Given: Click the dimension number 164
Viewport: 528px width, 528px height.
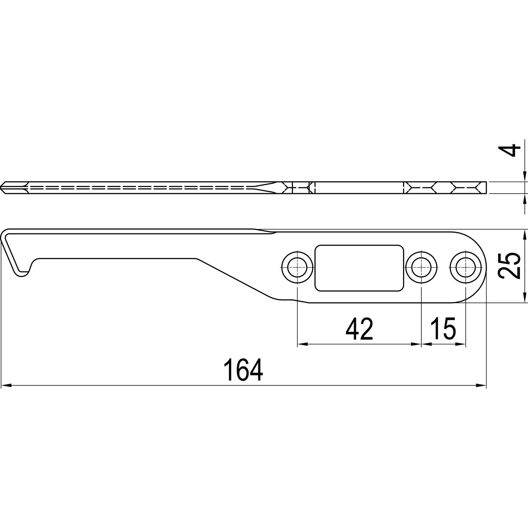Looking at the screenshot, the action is tap(243, 370).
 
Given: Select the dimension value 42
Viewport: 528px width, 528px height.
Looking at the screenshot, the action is tap(359, 329).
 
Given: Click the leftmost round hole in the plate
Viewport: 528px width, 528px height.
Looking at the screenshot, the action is tap(297, 267).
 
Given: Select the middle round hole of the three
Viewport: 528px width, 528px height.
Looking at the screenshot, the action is tap(421, 267).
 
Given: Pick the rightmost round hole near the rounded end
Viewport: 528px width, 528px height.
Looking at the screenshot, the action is tap(465, 267).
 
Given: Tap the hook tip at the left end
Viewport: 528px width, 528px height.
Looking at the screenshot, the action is tap(21, 274).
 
